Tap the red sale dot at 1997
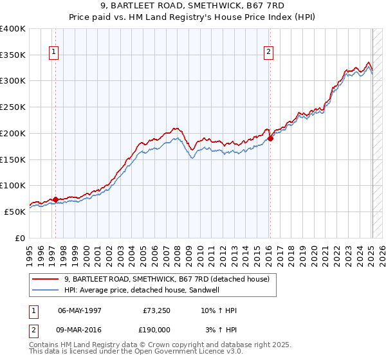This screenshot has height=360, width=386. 56,199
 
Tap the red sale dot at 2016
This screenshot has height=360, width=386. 271,138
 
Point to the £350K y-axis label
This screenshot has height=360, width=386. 13,55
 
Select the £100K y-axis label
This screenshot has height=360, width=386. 13,185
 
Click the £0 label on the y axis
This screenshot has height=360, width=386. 21,238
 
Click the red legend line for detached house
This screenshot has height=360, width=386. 46,279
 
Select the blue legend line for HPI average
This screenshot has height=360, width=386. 46,290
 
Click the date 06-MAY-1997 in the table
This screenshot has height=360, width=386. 80,310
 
